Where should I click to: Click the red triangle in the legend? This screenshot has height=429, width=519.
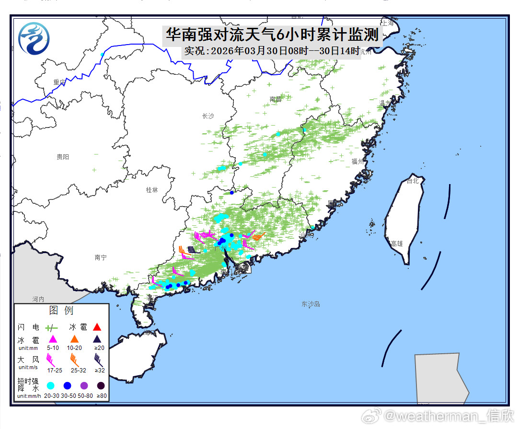pos(97,327)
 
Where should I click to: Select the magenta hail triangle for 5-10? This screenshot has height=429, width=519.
pos(53,339)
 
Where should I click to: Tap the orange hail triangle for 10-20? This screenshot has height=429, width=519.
pos(75,339)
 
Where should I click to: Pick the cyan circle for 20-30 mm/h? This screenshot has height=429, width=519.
pos(50,386)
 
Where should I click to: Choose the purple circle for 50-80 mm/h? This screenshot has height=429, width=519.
pos(84,386)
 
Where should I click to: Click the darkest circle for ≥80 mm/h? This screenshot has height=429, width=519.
pos(101,386)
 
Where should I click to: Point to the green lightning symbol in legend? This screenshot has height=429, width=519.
pos(51,328)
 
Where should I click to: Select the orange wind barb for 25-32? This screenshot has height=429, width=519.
pos(75,358)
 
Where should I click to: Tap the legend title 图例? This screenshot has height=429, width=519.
pos(61,311)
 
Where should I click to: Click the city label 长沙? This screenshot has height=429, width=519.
pos(208,116)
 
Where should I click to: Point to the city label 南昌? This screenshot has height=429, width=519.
pos(275,100)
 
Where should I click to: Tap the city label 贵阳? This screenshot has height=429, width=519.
pos(63,157)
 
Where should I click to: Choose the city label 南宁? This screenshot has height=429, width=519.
pos(101,257)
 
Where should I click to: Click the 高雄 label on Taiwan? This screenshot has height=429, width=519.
pos(397,243)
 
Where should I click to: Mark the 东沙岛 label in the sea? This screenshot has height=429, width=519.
pos(311,304)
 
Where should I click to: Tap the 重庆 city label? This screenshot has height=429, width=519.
pos(59,82)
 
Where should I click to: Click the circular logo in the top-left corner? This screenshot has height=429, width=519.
pos(34,39)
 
